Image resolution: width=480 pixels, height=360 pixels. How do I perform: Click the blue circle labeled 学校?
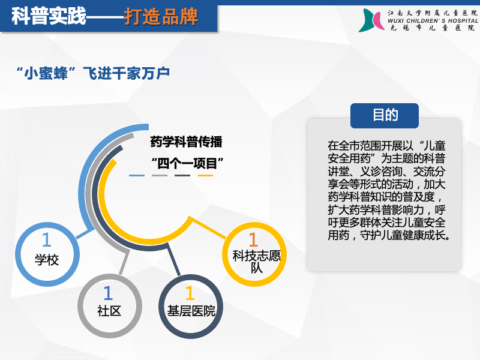[x=19, y=254]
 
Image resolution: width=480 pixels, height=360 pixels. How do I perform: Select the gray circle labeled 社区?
[x=82, y=306]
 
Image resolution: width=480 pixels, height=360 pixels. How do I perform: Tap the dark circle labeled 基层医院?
[x=162, y=307]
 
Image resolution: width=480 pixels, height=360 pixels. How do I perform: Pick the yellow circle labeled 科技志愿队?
[x=226, y=254]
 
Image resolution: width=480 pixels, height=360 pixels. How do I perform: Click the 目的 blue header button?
[x=385, y=116]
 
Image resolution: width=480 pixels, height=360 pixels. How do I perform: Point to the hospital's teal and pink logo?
[x=371, y=20]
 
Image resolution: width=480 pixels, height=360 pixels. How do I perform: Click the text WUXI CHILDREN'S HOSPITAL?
[x=433, y=21]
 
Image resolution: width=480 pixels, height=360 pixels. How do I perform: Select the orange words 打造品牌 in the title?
[x=161, y=16]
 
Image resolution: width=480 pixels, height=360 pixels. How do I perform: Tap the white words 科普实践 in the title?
[x=49, y=16]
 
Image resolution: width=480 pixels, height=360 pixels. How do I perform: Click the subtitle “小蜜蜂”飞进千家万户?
[x=93, y=73]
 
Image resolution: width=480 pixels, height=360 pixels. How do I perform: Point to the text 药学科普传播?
[x=186, y=142]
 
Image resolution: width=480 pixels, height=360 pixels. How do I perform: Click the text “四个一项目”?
[x=187, y=163]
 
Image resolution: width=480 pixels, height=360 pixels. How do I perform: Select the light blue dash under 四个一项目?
[x=137, y=175]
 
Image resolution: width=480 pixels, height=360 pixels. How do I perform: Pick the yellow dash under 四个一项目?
[x=205, y=175]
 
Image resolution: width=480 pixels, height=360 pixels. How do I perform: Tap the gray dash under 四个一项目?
[x=160, y=175]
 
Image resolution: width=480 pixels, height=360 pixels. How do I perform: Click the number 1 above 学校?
[x=47, y=239]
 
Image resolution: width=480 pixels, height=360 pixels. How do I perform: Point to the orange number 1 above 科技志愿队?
[x=253, y=239]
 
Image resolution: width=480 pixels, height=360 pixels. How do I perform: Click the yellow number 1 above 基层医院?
[x=190, y=293]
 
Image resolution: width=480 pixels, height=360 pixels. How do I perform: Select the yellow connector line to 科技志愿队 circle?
[x=208, y=227]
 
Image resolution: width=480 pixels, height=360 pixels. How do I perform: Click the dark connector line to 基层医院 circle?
[x=173, y=260]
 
